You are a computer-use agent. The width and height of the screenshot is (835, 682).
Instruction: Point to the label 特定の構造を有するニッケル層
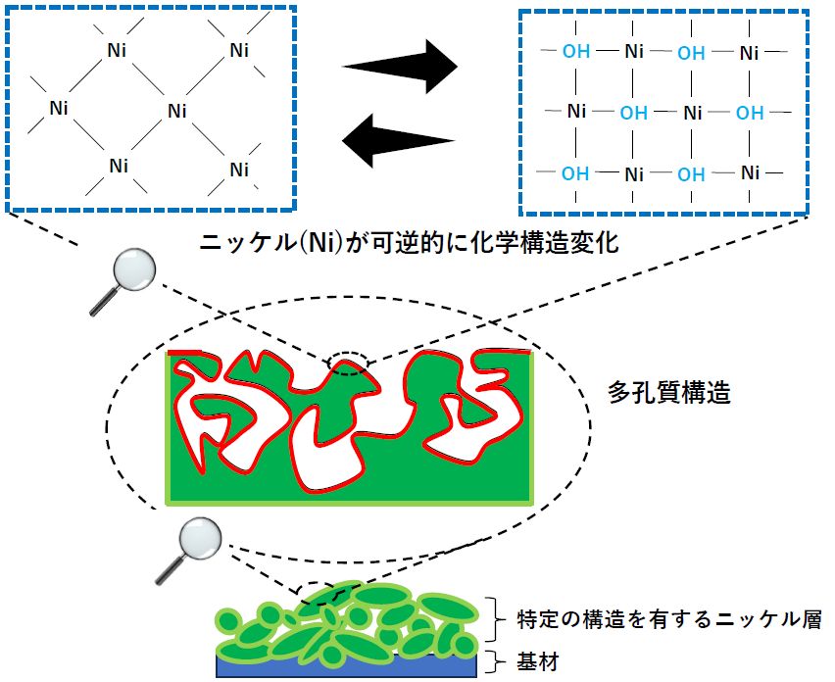click(661, 619)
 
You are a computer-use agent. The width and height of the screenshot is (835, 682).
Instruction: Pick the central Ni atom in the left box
click(177, 110)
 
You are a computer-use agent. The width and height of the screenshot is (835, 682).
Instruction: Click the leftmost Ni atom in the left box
click(59, 108)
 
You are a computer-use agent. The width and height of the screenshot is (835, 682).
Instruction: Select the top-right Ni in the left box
click(239, 49)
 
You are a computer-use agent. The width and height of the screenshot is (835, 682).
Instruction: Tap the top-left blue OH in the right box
click(576, 51)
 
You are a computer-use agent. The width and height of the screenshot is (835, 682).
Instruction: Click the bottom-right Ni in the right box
click(751, 173)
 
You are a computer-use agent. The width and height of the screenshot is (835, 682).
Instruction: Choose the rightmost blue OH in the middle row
click(750, 113)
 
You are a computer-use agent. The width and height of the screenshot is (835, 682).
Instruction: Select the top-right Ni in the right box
click(751, 52)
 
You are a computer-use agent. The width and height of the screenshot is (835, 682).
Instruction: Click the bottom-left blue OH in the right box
click(576, 173)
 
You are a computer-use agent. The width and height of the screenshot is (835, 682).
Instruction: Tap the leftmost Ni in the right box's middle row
click(577, 112)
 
